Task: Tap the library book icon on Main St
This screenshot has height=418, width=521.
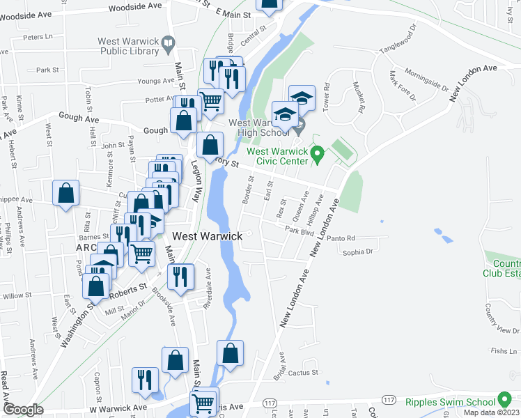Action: (x=168, y=46)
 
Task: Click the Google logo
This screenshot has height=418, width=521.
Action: (x=23, y=410)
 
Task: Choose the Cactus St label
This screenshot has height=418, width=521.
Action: (x=303, y=373)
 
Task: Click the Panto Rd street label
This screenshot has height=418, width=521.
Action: (x=341, y=238)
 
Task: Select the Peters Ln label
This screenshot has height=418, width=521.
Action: (x=38, y=37)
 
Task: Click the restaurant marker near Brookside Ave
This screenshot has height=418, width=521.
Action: (x=181, y=276)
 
